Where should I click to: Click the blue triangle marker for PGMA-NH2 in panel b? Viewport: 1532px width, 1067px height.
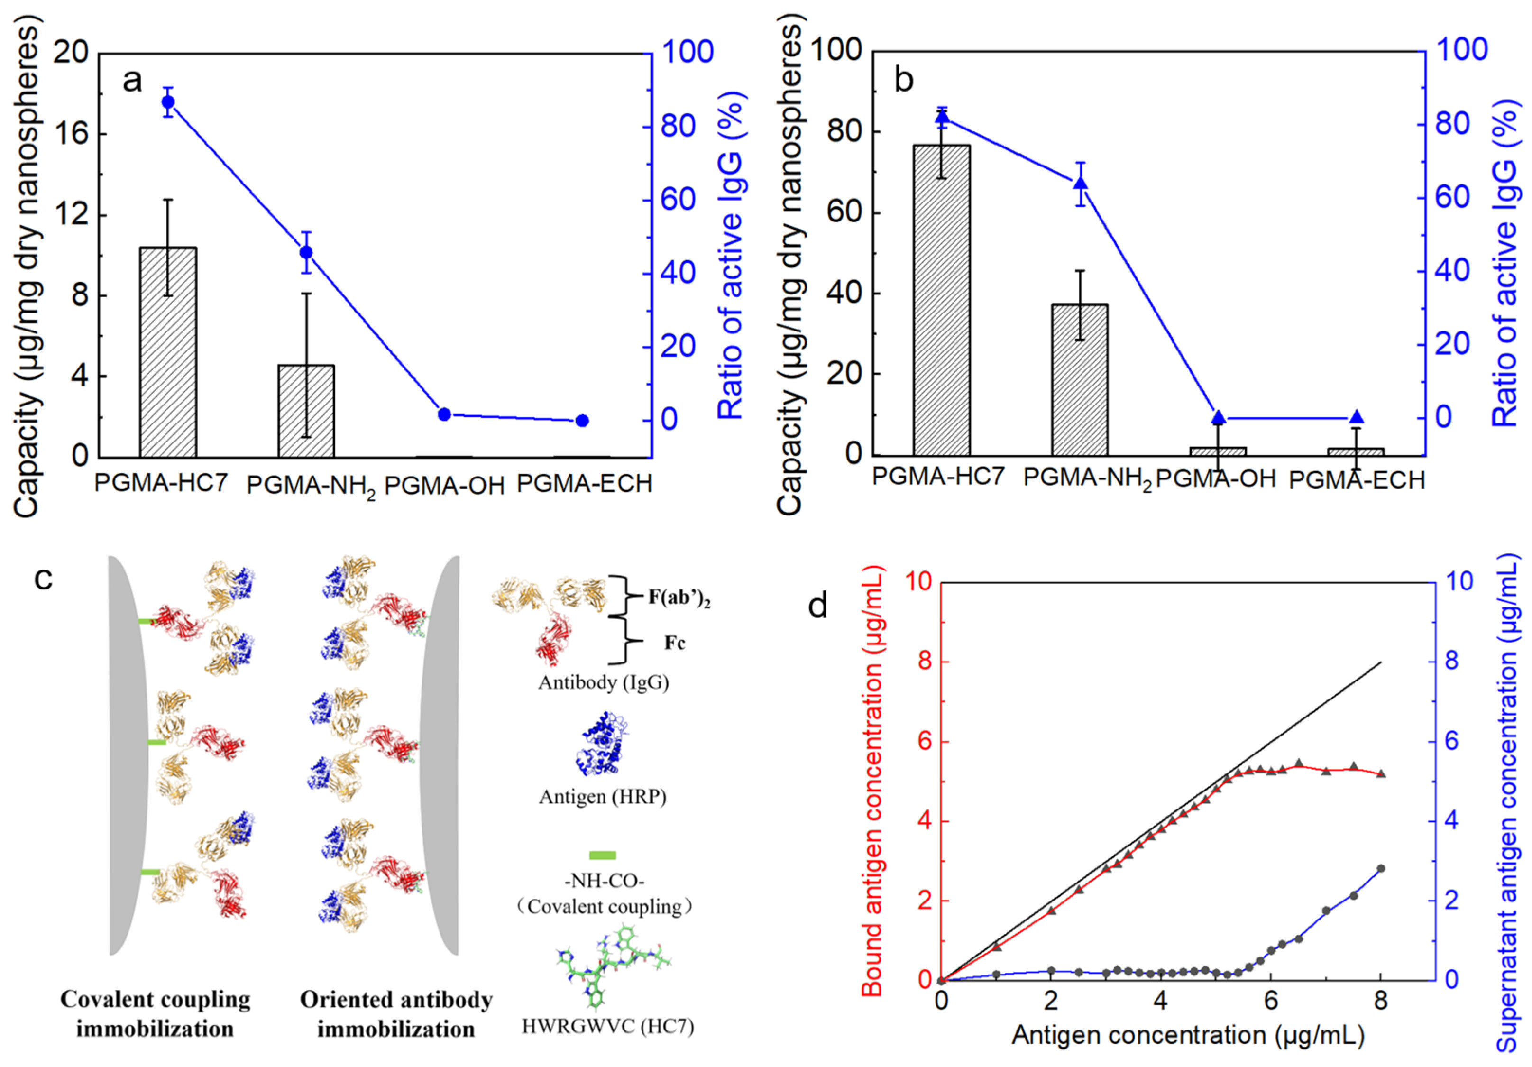1080,183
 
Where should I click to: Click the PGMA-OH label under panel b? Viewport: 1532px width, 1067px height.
1216,479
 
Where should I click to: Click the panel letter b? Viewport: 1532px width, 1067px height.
903,80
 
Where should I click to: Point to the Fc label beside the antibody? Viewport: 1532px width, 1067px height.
675,643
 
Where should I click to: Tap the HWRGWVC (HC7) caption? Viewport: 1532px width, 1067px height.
607,1026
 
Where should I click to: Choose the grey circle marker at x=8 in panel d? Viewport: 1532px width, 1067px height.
1381,869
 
